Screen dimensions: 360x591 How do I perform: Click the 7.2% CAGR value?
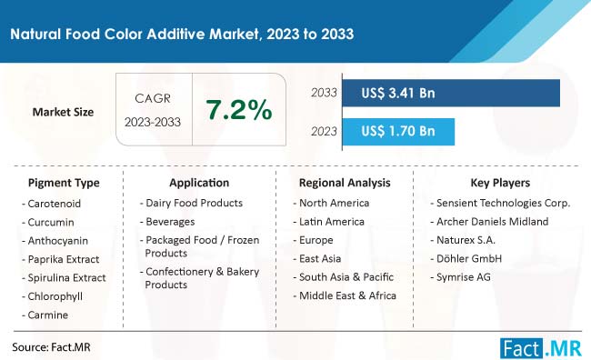pos(239,111)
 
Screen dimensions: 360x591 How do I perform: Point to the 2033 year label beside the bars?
pos(323,93)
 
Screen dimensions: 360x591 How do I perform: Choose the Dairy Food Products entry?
pos(194,203)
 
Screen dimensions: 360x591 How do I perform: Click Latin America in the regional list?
pos(335,221)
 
